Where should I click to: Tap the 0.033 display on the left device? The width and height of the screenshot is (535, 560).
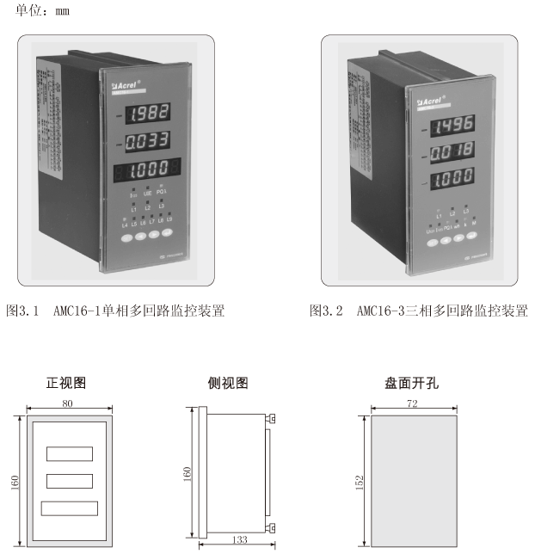tap(145, 139)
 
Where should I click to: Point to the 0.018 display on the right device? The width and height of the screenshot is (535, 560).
tap(452, 155)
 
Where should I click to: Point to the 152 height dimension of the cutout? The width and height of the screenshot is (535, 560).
tap(360, 481)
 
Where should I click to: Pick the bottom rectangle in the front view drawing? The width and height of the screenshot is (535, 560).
tap(69, 508)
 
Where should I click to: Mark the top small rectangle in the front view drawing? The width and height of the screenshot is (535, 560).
tap(69, 451)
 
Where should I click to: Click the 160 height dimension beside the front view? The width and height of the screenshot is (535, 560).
tap(14, 482)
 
